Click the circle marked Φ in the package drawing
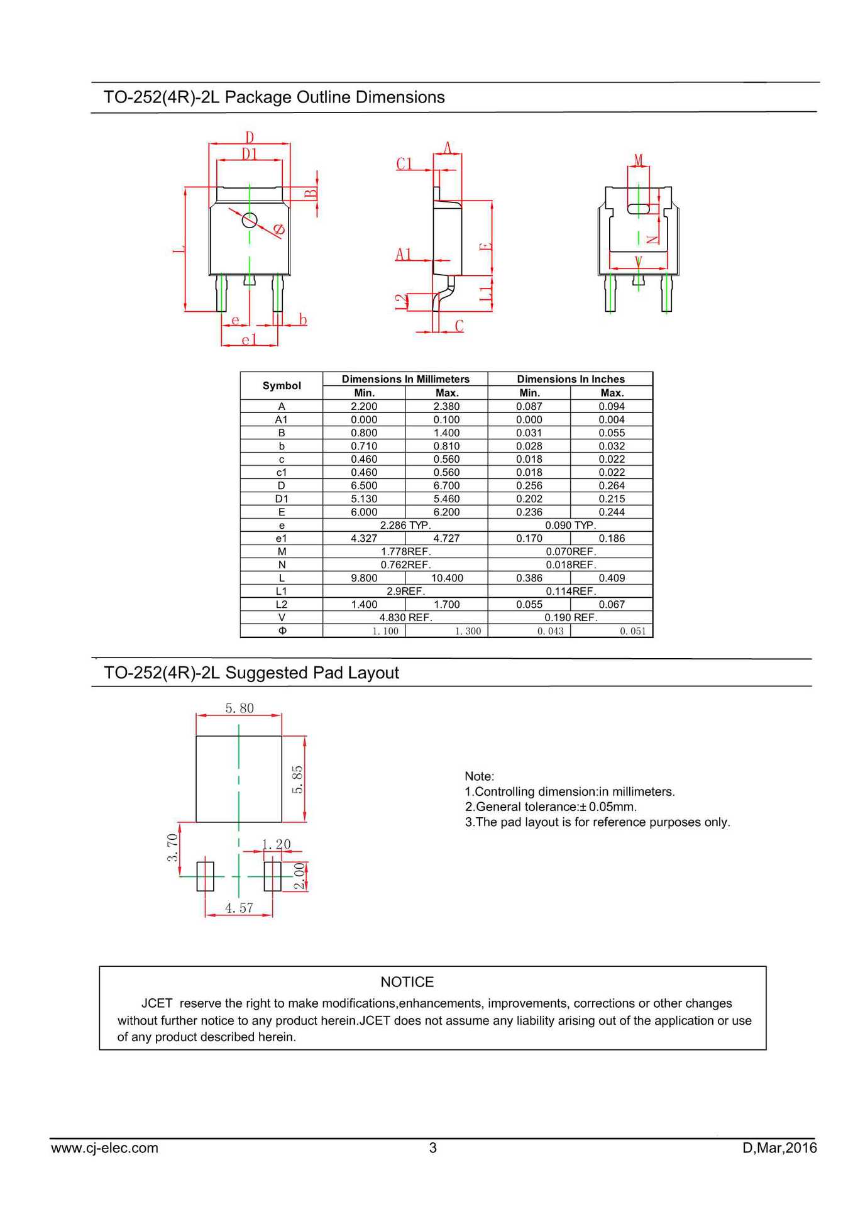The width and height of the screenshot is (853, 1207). (250, 220)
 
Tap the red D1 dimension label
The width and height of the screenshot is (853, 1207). (250, 154)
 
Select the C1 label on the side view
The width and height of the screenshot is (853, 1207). (404, 164)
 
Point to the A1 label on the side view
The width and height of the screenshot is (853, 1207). (404, 255)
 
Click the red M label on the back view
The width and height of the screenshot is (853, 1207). (639, 160)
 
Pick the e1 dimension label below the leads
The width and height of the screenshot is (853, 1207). (249, 340)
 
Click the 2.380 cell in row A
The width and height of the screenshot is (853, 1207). (446, 406)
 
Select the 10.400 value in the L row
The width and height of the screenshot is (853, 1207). (446, 578)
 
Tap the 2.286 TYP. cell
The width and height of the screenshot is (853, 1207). (405, 525)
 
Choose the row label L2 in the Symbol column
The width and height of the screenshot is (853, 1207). (281, 604)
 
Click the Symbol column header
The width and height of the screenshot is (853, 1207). (281, 385)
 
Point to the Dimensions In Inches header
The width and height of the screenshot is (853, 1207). (570, 379)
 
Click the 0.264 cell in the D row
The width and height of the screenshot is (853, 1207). (611, 485)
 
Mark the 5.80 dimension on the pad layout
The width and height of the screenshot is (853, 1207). (239, 708)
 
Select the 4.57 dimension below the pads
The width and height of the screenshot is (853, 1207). (239, 908)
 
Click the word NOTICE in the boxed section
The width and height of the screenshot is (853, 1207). (407, 982)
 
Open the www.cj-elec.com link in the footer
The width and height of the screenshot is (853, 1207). (104, 1148)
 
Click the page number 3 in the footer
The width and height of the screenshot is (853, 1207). (432, 1148)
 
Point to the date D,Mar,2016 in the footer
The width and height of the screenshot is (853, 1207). (779, 1148)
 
